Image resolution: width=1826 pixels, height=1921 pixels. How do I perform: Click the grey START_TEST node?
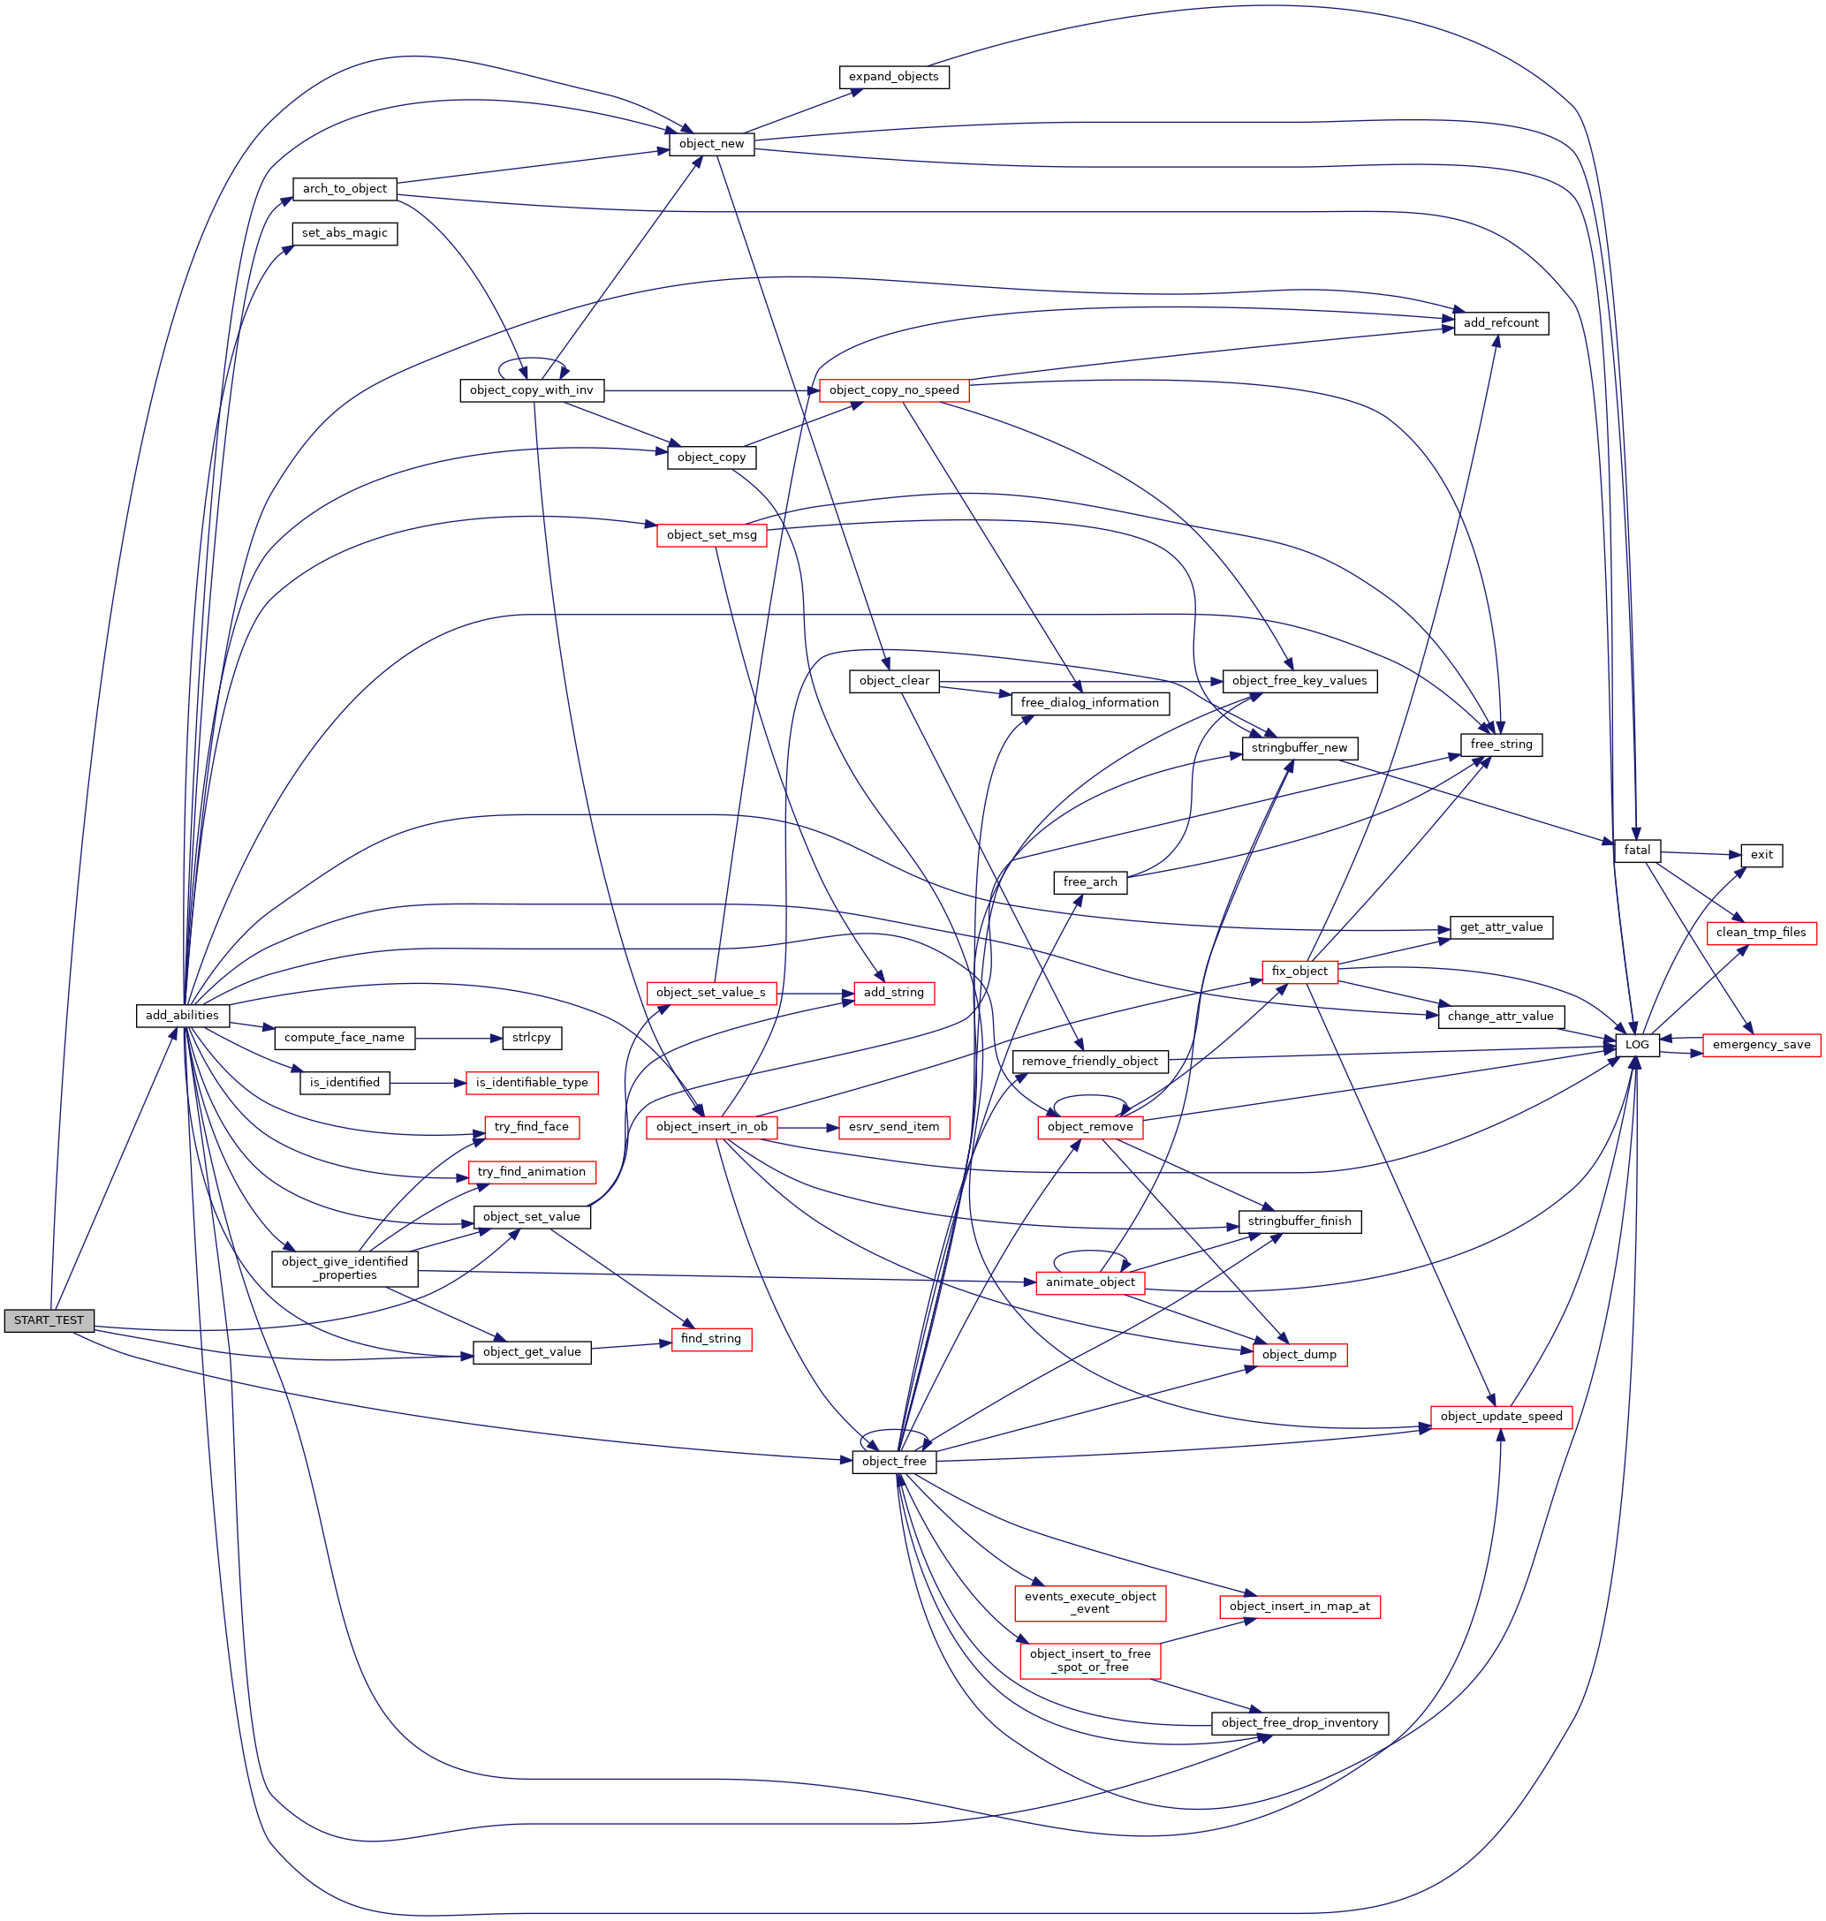pos(49,1320)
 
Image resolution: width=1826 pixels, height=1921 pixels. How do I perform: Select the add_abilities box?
pos(182,1015)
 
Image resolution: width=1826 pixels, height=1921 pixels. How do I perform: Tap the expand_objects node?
pos(892,77)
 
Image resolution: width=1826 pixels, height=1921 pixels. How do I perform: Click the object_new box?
pos(710,144)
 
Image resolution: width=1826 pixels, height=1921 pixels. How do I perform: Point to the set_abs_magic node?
pos(345,233)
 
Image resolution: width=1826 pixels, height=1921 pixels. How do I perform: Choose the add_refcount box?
pos(1500,323)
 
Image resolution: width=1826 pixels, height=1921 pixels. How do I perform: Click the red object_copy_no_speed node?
pos(893,390)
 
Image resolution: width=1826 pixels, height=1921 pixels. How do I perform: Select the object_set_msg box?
pos(710,535)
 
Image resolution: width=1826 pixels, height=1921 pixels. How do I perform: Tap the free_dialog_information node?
pos(1089,703)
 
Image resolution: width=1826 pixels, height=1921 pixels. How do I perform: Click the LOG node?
pos(1636,1044)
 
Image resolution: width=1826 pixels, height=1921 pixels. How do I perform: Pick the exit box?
pos(1761,854)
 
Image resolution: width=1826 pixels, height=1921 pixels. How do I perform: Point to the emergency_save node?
pos(1761,1044)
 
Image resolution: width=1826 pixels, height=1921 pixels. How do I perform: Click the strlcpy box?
pos(532,1038)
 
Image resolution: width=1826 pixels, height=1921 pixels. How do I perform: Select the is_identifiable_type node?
pos(532,1082)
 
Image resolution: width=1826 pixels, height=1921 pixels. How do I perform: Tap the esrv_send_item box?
pos(893,1127)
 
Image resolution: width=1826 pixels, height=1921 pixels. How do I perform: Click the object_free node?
pos(893,1461)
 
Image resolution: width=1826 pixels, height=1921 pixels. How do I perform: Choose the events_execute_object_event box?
pos(1089,1602)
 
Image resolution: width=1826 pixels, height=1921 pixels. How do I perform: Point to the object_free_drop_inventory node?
pos(1299,1722)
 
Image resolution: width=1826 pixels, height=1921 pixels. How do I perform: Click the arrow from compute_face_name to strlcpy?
pos(458,1039)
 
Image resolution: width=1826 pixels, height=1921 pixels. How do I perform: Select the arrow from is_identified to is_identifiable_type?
pos(428,1082)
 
